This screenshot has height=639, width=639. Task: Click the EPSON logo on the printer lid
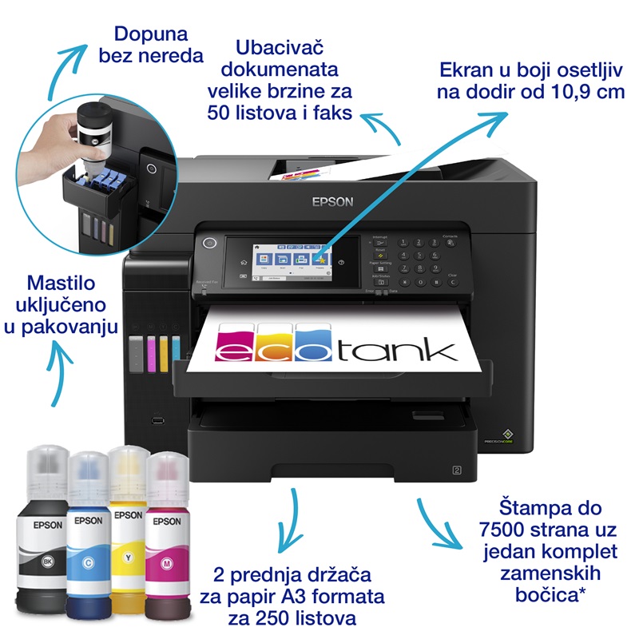pyautogui.click(x=332, y=201)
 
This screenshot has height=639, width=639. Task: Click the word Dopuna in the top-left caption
pyautogui.click(x=151, y=34)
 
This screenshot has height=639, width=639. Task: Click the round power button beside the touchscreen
pyautogui.click(x=211, y=243)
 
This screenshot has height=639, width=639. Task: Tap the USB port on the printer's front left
pyautogui.click(x=157, y=418)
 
